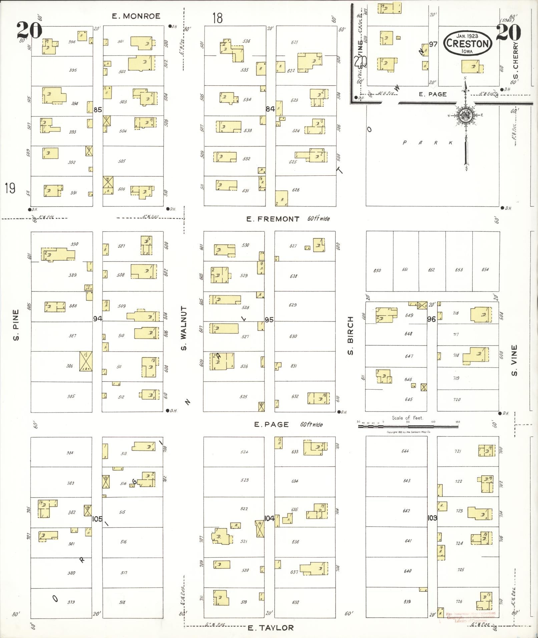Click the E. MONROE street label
(136, 16)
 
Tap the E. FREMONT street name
(273, 219)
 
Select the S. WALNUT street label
(184, 328)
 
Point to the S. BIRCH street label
(350, 340)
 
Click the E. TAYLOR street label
(271, 628)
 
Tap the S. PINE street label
(16, 325)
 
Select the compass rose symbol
(465, 116)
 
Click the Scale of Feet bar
(408, 426)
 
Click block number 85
(98, 109)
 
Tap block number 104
(269, 518)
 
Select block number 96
(432, 319)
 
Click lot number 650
(377, 270)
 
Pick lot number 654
(485, 269)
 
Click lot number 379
(71, 602)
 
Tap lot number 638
(295, 602)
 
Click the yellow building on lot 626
(282, 198)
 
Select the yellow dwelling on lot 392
(50, 153)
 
